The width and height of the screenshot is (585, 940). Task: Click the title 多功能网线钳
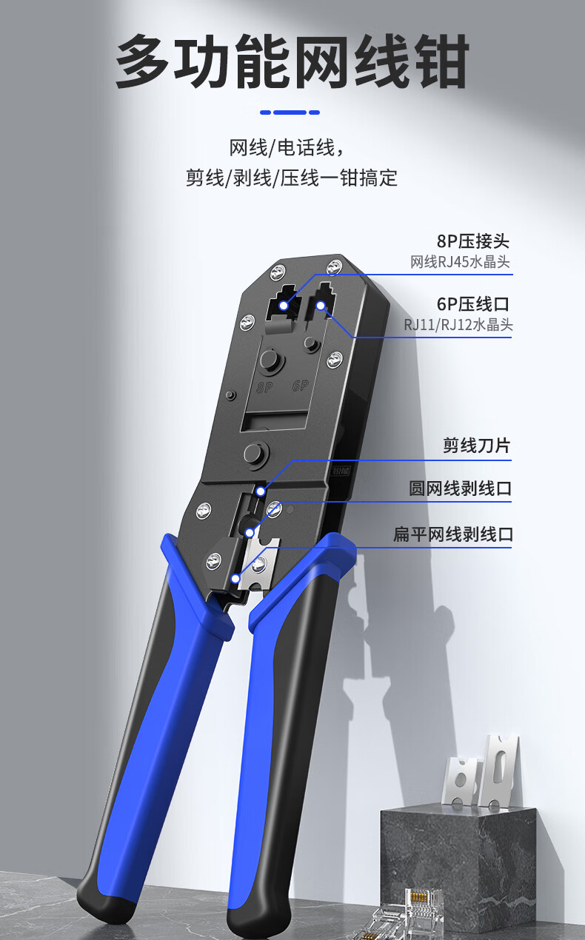pos(292,62)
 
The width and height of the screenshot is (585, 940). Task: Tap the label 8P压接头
pos(472,241)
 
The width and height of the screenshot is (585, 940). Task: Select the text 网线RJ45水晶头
pos(460,262)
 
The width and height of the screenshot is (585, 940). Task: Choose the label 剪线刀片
pos(476,446)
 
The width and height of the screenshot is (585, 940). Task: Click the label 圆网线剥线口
pos(460,489)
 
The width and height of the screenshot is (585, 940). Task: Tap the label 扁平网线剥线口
pos(452,534)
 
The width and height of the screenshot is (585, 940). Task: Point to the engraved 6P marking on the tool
pos(300,386)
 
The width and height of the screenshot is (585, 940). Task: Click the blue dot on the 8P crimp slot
pos(282,305)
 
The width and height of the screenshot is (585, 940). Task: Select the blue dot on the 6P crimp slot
pos(321,305)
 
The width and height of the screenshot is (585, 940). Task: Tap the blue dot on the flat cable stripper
pos(235,579)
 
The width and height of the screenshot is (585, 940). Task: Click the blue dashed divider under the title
pos(290,113)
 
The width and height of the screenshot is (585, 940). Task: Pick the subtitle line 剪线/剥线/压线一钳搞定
pos(292,178)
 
